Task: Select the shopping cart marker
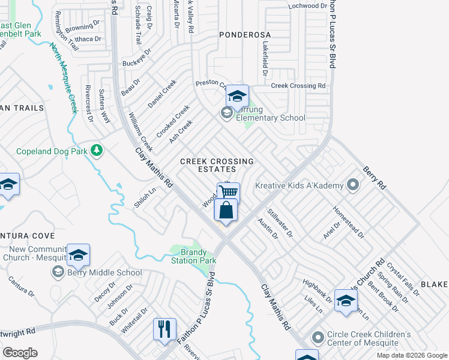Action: click(228, 192)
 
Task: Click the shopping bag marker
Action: click(226, 211)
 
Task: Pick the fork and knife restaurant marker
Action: click(164, 329)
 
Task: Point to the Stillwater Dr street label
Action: click(280, 223)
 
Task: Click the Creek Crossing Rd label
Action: click(298, 86)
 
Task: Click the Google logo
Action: click(20, 352)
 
